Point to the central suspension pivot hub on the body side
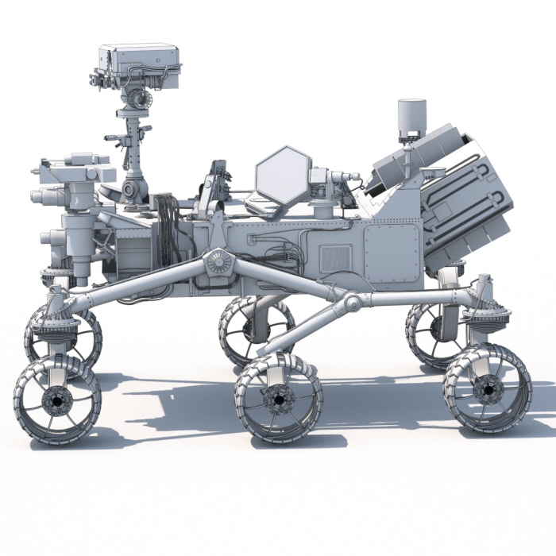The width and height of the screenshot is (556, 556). coord(218,263)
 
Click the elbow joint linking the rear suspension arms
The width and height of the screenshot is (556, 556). coord(350,302)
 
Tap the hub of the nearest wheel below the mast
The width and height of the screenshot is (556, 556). coord(56,402)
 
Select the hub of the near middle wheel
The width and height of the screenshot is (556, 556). coord(278,399)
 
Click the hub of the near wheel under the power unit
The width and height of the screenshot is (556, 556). coord(486,389)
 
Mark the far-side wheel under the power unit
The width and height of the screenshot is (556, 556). coord(433,334)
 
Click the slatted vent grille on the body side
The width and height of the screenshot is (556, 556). coord(334,259)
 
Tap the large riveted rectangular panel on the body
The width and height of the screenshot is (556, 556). coord(390,252)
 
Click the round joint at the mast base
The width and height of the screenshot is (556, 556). coord(133,189)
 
